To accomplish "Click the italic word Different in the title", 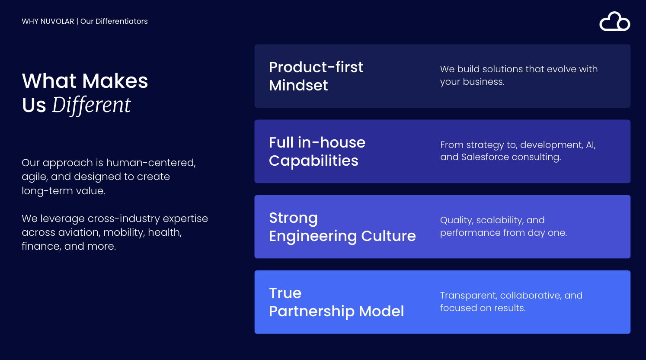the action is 91,105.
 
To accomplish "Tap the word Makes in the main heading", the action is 115,81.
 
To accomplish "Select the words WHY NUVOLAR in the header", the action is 48,21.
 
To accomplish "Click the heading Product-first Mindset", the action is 316,76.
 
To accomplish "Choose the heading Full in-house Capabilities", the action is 317,151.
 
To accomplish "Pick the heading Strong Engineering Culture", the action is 342,227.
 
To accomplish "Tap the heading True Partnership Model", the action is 336,302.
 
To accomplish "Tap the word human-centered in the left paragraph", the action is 151,163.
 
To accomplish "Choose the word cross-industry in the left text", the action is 124,219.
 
